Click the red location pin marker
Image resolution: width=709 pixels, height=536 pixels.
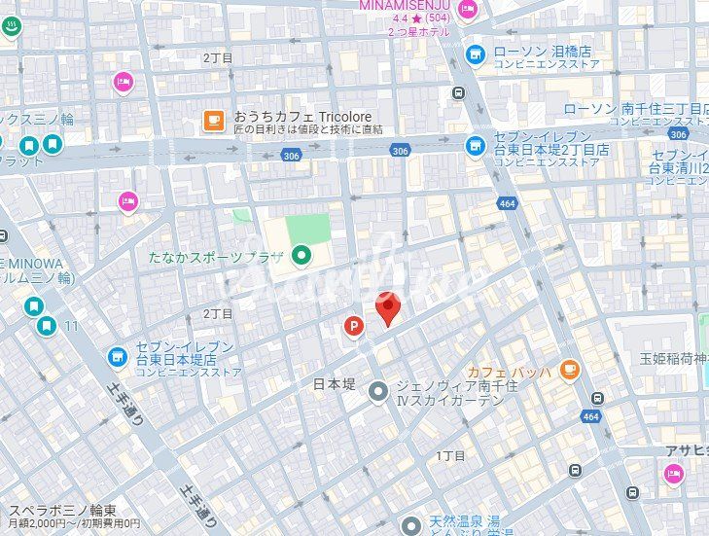tap(389, 309)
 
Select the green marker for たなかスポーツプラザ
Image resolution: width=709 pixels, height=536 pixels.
tap(301, 256)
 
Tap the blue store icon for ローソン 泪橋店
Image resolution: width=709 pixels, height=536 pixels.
tap(475, 54)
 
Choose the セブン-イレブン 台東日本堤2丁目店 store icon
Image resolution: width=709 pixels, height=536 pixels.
tap(475, 146)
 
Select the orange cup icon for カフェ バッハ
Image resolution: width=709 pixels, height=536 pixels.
tap(569, 371)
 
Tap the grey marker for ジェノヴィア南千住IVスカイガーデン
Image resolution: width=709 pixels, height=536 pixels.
tap(378, 393)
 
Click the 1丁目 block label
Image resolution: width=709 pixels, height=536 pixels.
tap(451, 455)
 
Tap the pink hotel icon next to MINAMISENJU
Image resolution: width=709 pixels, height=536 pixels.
tap(468, 11)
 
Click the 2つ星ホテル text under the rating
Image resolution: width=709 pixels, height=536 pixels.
tap(418, 32)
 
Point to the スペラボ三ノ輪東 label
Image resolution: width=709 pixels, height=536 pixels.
tap(63, 510)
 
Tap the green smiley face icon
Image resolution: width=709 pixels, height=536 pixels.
tap(11, 26)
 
